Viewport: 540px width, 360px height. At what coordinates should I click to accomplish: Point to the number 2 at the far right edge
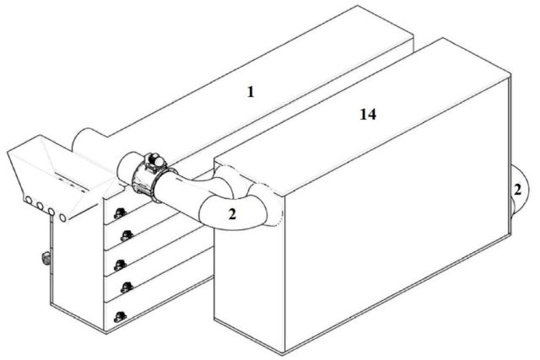tap(517, 191)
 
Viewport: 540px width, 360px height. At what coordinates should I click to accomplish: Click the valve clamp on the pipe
tap(150, 173)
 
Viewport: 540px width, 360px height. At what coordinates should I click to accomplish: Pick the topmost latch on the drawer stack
tap(119, 212)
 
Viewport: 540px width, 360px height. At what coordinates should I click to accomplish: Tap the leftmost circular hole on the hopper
tap(28, 201)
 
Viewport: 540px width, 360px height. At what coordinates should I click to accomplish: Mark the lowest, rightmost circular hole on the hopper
tap(64, 218)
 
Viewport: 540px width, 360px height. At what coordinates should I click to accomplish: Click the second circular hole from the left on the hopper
tap(40, 204)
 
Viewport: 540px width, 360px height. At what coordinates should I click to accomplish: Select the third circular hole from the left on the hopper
tap(51, 209)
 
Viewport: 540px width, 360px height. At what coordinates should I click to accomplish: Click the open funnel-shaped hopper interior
tap(59, 173)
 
